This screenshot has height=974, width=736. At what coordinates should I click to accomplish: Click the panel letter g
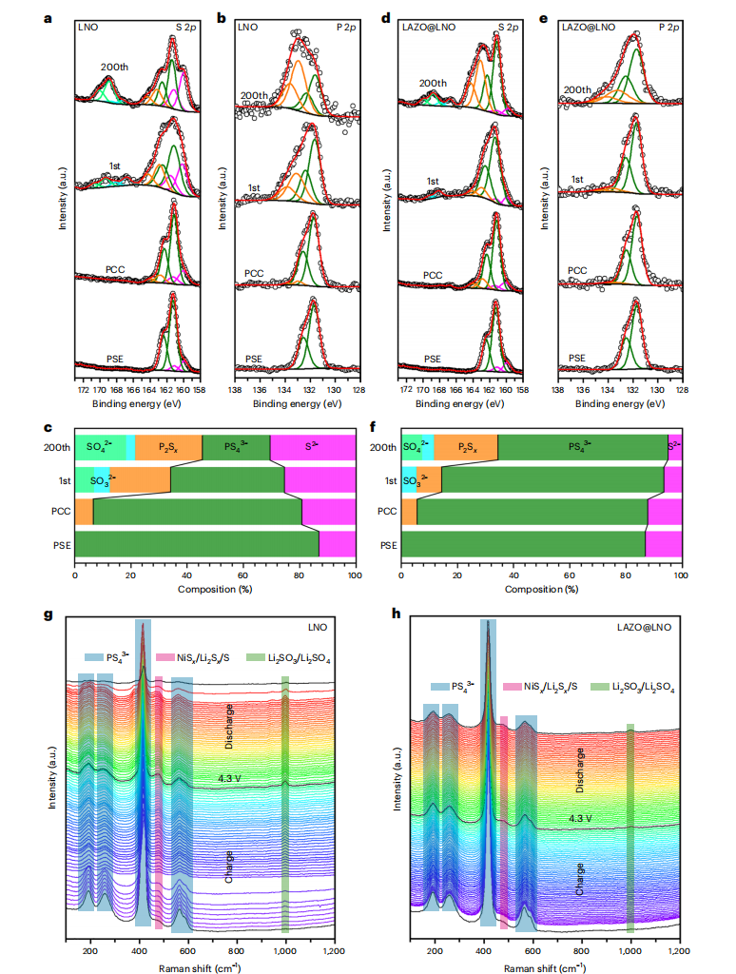tap(48, 614)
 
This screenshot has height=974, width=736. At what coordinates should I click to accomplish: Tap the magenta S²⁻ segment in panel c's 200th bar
tap(313, 446)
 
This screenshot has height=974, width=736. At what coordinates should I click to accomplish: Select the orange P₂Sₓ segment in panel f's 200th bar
tap(465, 446)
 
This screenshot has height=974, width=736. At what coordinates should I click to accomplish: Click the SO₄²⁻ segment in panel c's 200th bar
tap(99, 446)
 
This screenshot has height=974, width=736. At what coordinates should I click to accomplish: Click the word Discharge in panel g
tap(230, 727)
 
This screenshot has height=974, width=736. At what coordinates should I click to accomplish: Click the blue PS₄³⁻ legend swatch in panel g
tap(93, 656)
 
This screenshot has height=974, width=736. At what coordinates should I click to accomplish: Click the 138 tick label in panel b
tap(235, 389)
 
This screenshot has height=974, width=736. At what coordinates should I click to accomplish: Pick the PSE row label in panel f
tap(387, 544)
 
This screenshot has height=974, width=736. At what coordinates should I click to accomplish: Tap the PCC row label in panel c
tap(62, 512)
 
